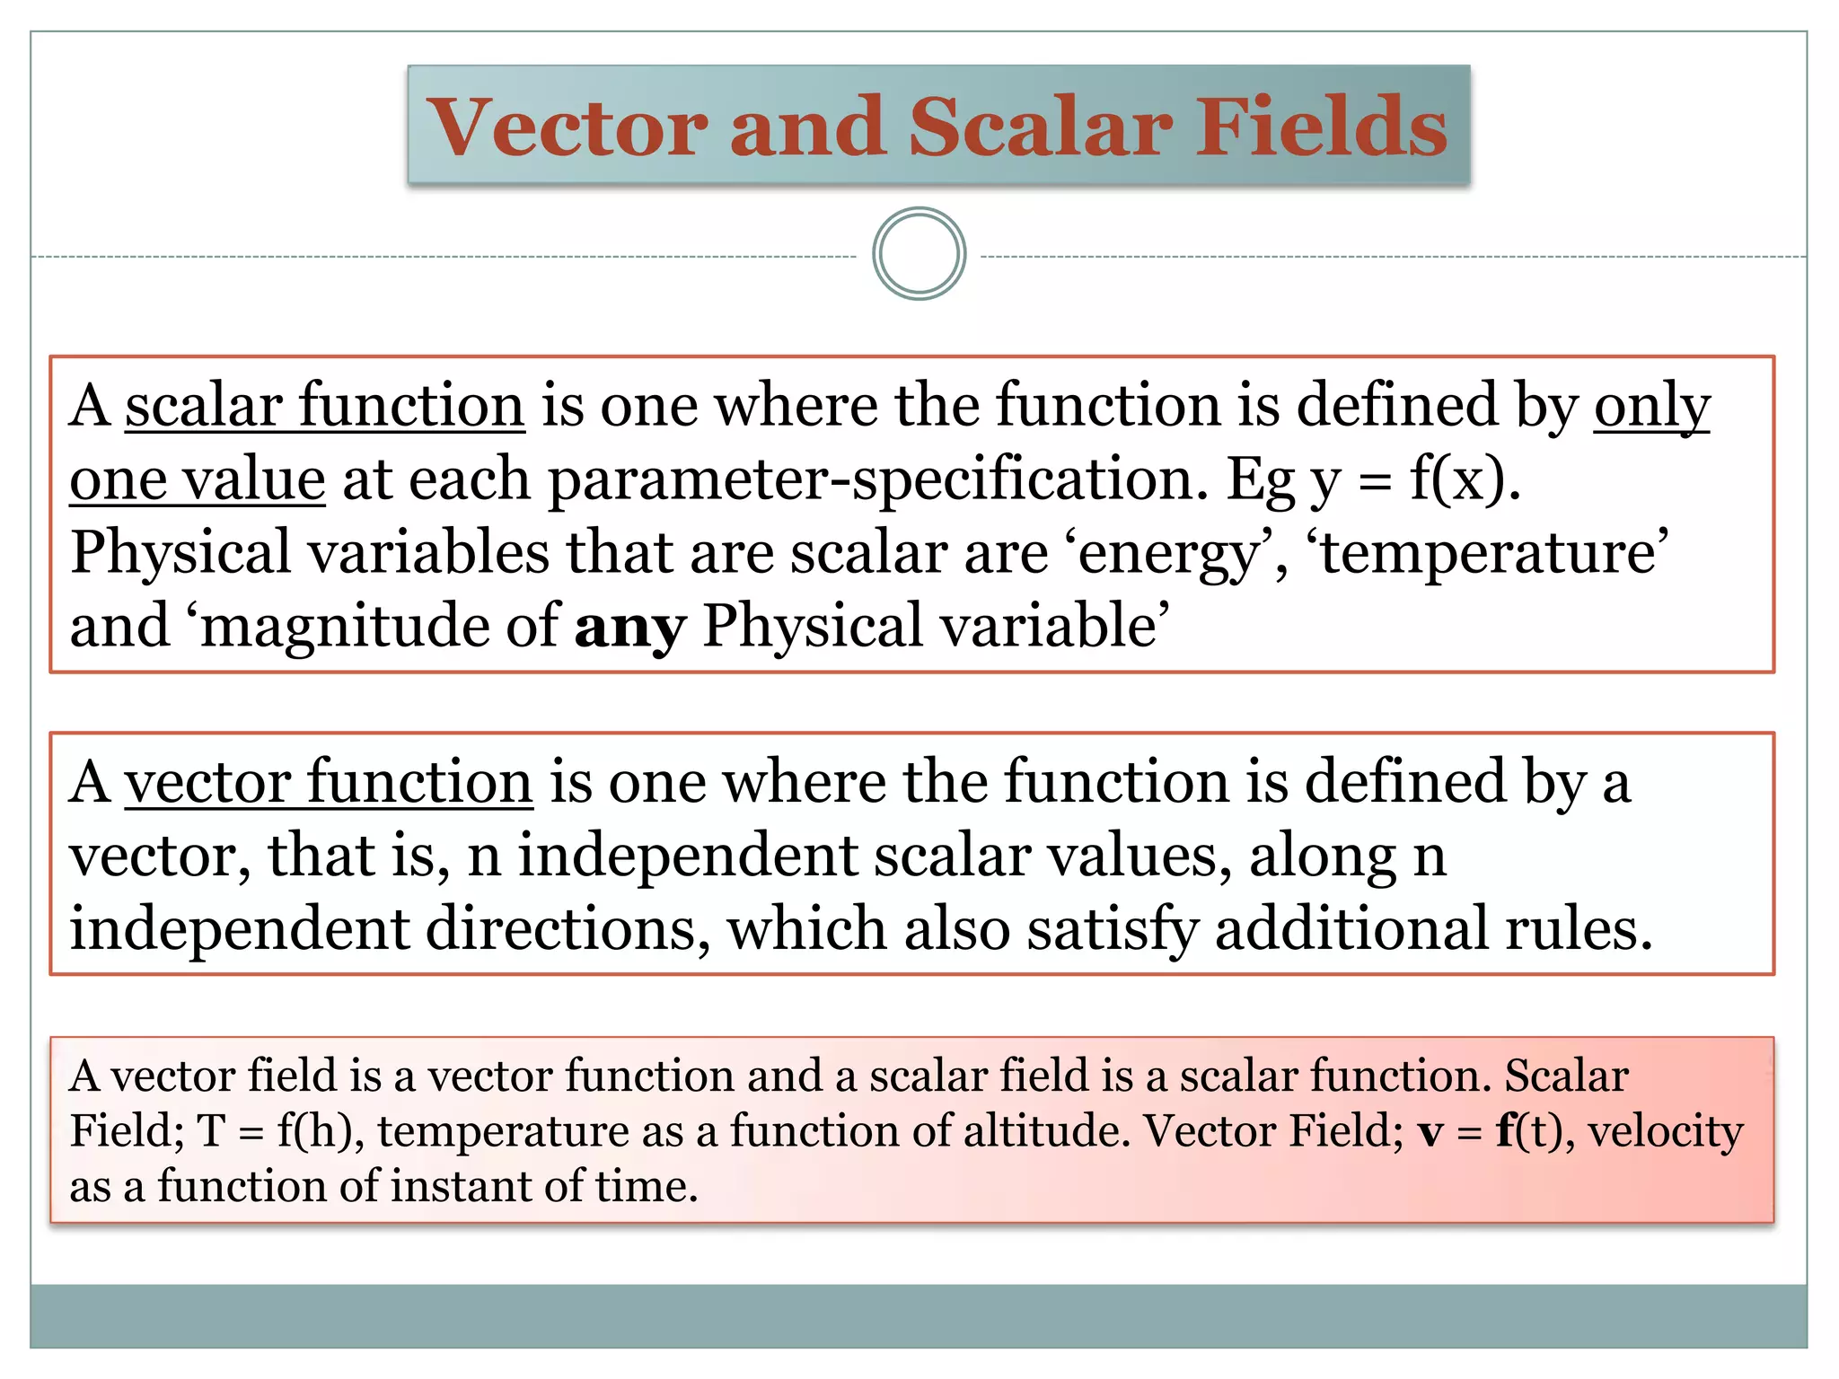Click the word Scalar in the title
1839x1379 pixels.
1040,127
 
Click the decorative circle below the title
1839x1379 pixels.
919,254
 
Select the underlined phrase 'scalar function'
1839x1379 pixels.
324,406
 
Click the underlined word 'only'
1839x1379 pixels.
1651,406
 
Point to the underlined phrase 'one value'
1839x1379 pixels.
197,479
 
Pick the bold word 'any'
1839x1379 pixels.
630,627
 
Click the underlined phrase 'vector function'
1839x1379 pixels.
329,782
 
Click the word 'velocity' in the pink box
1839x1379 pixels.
1666,1131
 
